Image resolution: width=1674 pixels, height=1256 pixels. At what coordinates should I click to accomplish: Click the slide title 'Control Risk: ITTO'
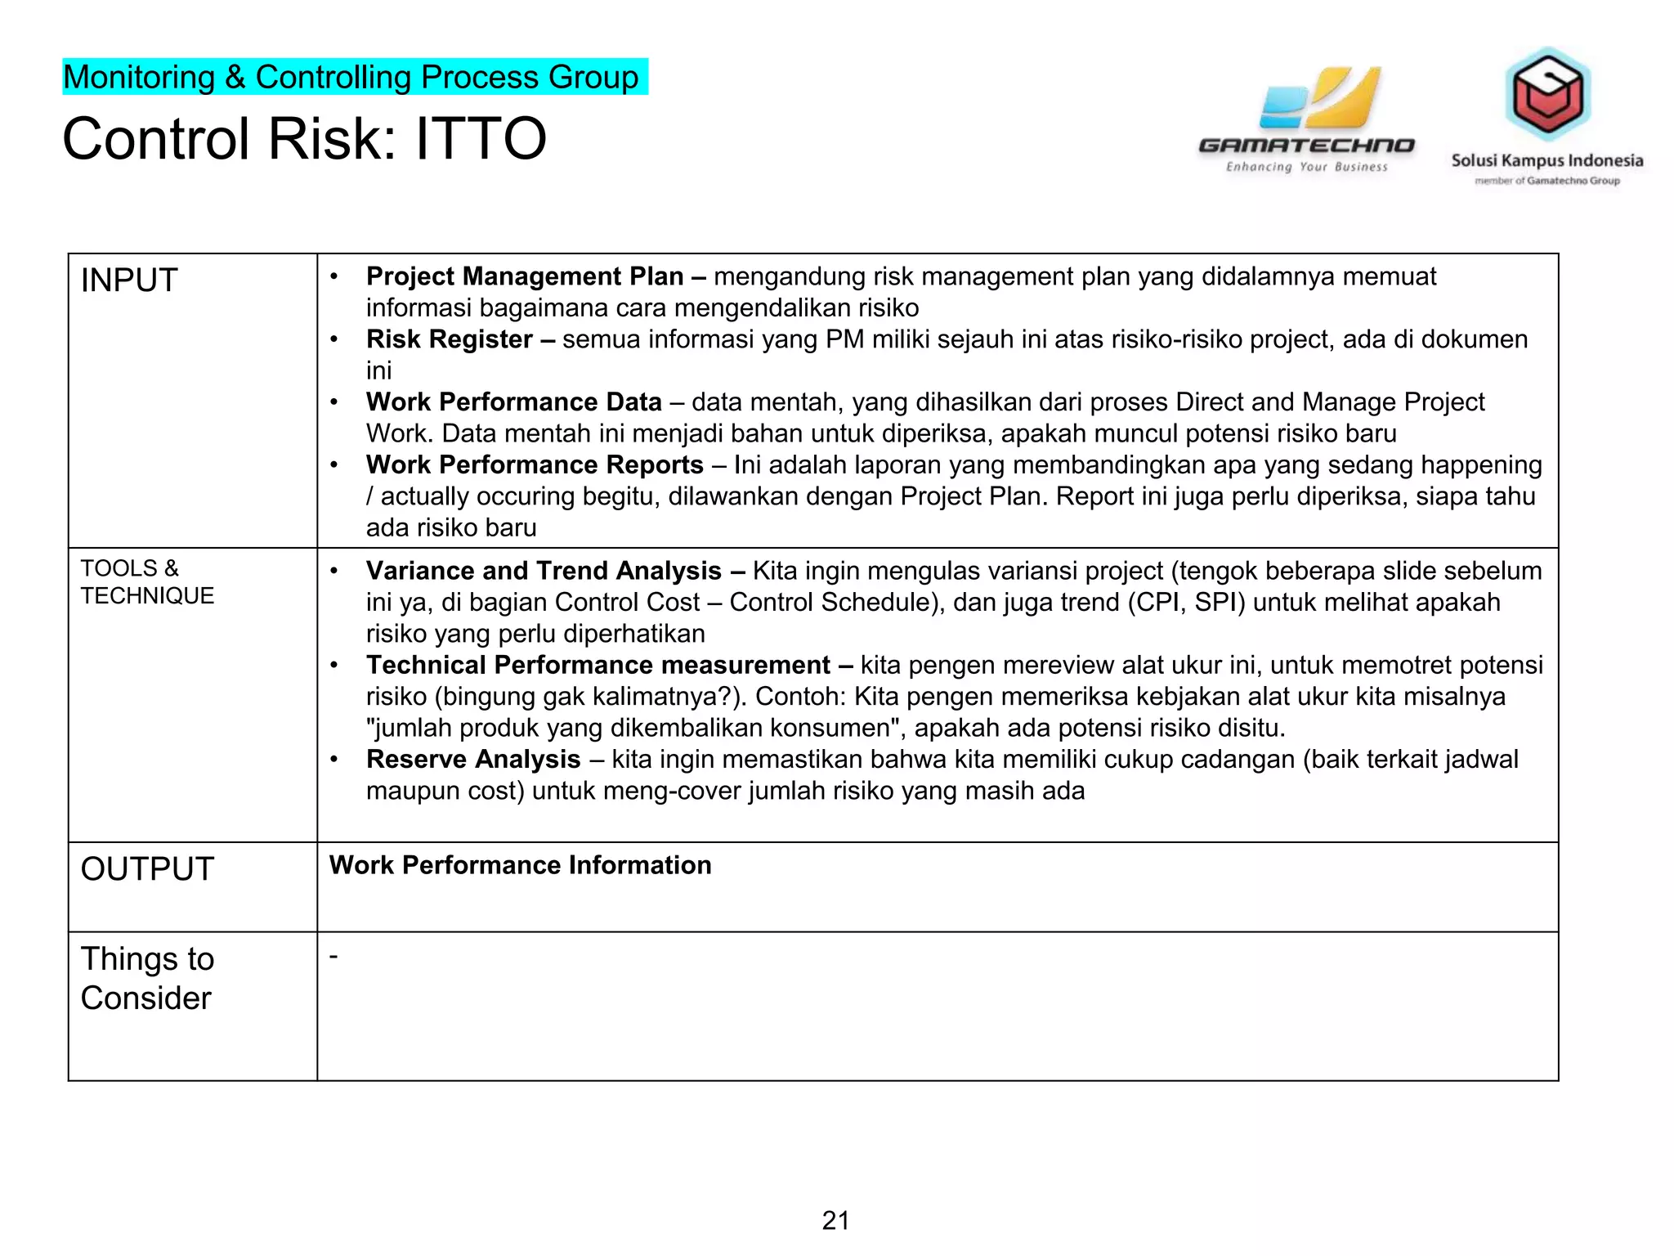click(x=304, y=138)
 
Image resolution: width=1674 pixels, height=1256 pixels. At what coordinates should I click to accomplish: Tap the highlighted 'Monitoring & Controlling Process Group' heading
click(x=351, y=78)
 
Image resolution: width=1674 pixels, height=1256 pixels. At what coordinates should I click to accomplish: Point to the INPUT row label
click(x=129, y=280)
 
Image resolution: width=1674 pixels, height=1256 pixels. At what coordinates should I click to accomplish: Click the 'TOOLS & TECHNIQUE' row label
click(x=147, y=581)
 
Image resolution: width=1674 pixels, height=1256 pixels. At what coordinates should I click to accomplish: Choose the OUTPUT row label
click(x=147, y=868)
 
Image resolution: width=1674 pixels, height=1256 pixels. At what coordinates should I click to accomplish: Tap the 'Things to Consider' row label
click(x=147, y=978)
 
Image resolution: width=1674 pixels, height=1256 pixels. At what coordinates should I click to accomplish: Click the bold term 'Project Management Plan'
click(x=525, y=276)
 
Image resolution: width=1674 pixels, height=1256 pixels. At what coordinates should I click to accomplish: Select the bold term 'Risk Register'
click(x=450, y=339)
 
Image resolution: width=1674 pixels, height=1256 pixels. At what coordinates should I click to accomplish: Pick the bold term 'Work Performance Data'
click(x=514, y=402)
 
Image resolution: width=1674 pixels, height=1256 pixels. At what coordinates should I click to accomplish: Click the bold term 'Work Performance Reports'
click(x=535, y=464)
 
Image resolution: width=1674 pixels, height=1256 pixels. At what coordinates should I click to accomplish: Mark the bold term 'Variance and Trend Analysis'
click(x=544, y=570)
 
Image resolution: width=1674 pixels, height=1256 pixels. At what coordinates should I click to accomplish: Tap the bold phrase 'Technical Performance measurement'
click(x=598, y=665)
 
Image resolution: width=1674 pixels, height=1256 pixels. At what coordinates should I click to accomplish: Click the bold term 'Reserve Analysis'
click(x=473, y=759)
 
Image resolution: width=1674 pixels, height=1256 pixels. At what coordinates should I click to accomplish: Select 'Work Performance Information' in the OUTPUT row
click(x=520, y=865)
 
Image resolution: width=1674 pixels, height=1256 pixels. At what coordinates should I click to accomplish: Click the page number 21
click(x=835, y=1220)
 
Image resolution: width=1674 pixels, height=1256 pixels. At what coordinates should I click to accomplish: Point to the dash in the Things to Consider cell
click(x=333, y=954)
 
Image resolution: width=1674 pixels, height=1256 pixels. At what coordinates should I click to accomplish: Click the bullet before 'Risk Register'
click(x=334, y=339)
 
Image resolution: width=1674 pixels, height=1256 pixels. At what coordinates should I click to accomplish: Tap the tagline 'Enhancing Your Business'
click(x=1306, y=167)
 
